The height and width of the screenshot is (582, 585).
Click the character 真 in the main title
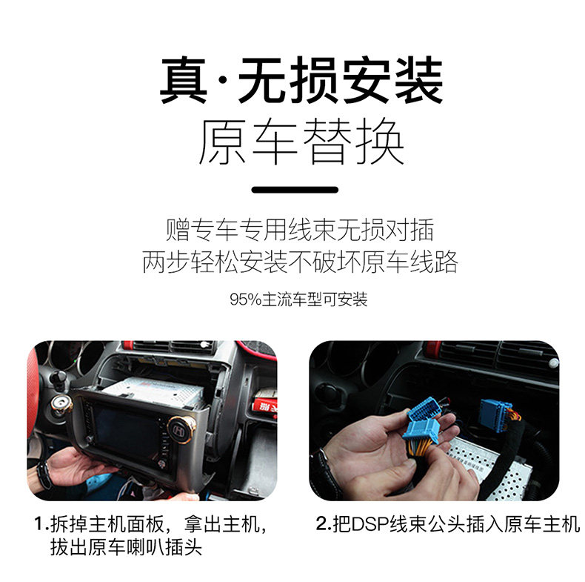tap(184, 80)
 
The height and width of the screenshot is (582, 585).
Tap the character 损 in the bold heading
tap(314, 80)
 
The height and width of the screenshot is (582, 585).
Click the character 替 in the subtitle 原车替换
tap(327, 141)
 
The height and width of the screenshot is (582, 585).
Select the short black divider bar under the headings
tap(295, 190)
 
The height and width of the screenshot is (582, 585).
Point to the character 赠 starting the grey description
tap(178, 230)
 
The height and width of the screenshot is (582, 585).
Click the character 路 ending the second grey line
tap(446, 262)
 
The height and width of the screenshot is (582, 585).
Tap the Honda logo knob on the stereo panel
tap(181, 429)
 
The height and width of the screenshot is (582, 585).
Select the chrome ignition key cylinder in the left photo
tap(61, 405)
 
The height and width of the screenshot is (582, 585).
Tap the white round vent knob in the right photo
tap(553, 363)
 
